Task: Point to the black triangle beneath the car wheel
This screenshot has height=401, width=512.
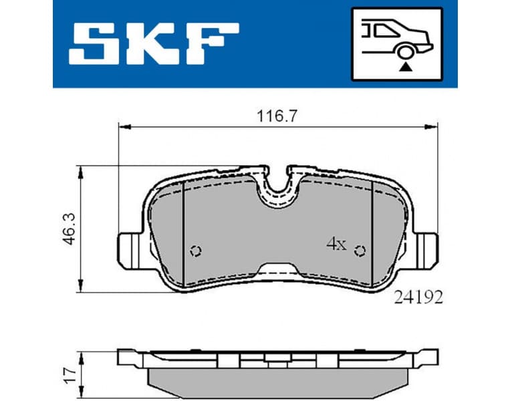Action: pos(404,66)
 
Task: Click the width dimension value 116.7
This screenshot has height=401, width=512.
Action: pos(277,115)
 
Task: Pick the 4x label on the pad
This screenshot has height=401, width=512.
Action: pos(336,245)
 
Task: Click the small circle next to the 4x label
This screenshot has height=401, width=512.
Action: pos(360,251)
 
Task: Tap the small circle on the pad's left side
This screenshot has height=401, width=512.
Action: pos(196,251)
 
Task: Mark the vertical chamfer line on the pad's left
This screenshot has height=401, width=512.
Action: pos(183,234)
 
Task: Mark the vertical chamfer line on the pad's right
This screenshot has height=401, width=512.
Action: pos(372,234)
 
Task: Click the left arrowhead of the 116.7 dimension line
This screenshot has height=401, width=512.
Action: pos(122,125)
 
